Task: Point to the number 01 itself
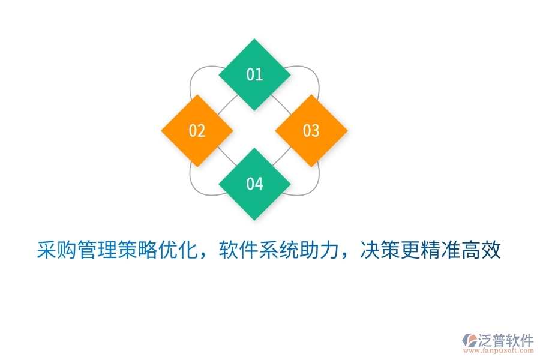tap(254, 74)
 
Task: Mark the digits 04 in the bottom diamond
tap(254, 184)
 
